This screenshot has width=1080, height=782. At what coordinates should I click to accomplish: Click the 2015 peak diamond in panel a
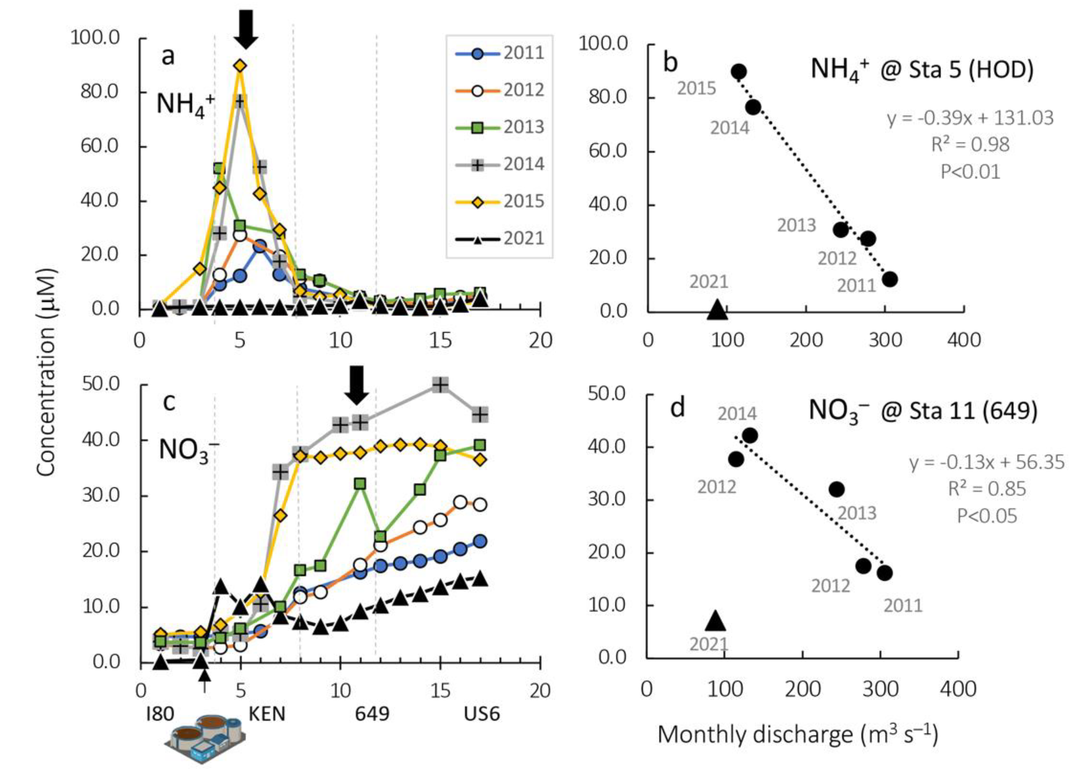(x=240, y=66)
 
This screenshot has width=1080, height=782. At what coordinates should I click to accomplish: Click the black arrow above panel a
(x=246, y=29)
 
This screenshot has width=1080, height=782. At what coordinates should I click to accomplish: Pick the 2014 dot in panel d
(x=750, y=435)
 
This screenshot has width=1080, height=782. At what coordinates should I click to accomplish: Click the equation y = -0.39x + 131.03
(x=970, y=118)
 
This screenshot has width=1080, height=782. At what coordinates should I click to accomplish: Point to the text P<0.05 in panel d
(x=987, y=516)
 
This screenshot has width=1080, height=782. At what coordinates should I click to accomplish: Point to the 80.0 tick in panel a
(x=100, y=91)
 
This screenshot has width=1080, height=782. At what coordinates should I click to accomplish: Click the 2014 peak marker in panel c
(x=441, y=384)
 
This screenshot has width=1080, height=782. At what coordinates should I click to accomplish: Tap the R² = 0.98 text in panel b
(x=971, y=144)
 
